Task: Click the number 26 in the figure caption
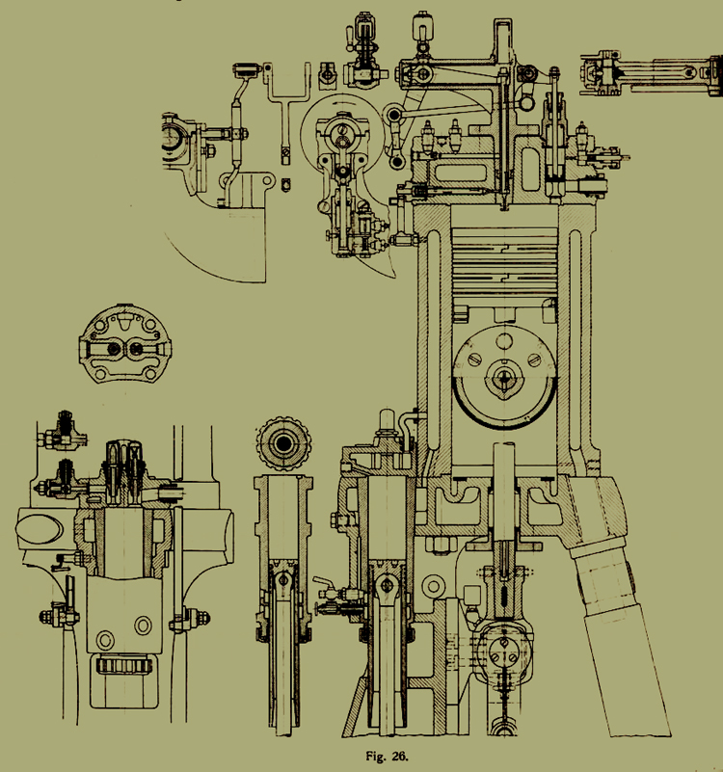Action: click(x=400, y=756)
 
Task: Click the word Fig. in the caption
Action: click(x=376, y=757)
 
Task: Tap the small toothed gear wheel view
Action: click(x=283, y=443)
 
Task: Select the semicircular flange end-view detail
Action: click(x=125, y=344)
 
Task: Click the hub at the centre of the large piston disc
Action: click(x=505, y=378)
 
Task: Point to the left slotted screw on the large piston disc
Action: click(x=475, y=359)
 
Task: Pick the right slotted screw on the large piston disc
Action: click(x=535, y=359)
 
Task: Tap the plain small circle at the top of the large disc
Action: click(x=504, y=341)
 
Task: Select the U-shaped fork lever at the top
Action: click(x=288, y=98)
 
